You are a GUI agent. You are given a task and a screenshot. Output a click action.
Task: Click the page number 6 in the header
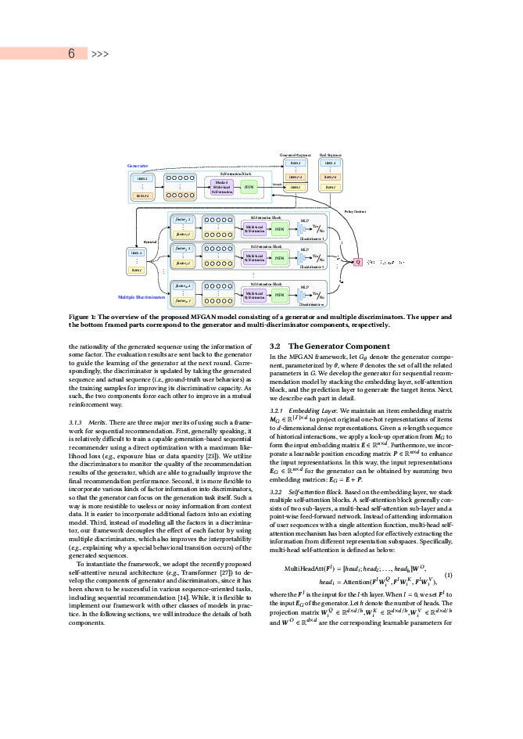[71, 54]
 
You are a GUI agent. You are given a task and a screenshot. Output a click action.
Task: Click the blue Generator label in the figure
[138, 166]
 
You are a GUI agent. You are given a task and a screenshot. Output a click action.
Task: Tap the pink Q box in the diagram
[358, 262]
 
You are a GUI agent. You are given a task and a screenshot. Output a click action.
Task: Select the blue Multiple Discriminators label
[141, 297]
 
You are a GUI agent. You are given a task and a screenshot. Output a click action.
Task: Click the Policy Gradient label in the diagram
[355, 211]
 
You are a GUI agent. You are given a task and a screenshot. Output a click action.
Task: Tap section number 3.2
[275, 346]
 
